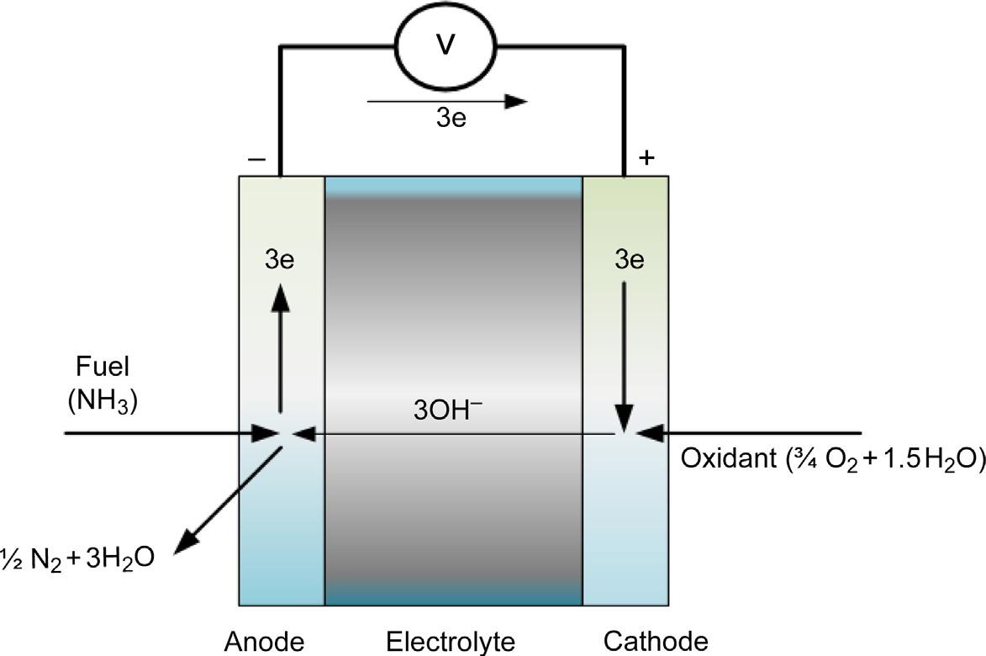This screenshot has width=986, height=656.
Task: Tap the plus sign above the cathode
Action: [646, 157]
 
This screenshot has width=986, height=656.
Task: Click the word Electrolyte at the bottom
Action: [450, 642]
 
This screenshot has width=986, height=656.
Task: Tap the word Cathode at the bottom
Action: [656, 642]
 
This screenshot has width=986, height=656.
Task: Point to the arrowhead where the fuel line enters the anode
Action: [267, 434]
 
